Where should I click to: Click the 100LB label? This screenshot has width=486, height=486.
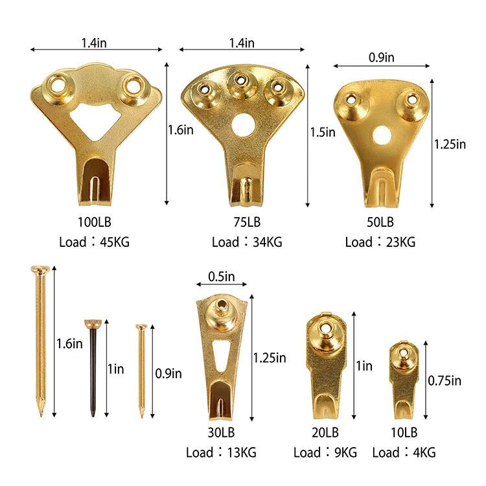point(94,222)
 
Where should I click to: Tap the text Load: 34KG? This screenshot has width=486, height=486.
point(247,242)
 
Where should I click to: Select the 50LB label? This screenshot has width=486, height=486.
point(380,222)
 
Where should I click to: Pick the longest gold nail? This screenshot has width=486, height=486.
point(41,341)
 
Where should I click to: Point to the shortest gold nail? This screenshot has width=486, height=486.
point(141,371)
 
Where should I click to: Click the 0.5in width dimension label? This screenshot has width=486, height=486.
point(222,277)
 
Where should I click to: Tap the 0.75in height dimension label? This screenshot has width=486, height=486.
point(445,380)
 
